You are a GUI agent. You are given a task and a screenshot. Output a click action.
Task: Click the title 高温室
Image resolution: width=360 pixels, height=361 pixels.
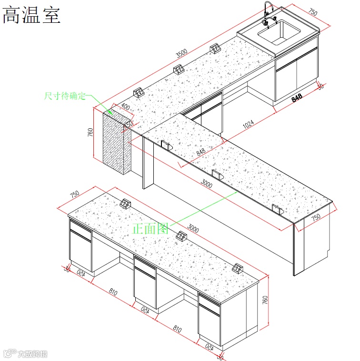31,16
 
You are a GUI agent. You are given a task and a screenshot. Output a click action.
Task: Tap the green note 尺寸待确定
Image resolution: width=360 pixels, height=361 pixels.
65,96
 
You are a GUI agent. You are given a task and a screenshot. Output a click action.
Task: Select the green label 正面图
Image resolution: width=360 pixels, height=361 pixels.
151,228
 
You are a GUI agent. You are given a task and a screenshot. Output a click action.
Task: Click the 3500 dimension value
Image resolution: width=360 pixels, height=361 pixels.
181,52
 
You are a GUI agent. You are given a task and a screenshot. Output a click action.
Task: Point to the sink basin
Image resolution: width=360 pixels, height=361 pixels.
279,31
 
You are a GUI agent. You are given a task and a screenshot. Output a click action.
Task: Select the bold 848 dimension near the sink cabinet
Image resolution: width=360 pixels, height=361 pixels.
297,98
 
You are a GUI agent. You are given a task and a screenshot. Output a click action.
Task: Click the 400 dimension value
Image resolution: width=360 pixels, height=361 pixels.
125,107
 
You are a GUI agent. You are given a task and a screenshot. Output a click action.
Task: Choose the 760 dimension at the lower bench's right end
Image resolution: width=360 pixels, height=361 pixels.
266,301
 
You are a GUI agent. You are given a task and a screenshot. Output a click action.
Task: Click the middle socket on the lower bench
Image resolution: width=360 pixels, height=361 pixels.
180,235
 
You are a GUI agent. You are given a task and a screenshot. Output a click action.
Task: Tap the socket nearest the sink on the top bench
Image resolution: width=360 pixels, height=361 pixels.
215,48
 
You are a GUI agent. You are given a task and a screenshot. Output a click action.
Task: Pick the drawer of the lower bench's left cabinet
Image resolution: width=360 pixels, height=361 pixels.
80,231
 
